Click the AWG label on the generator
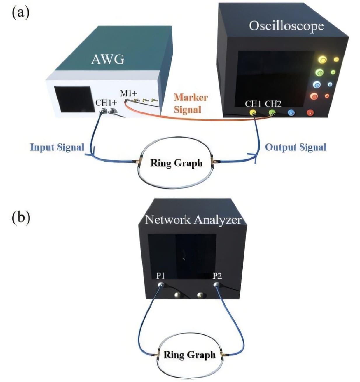(x=108, y=60)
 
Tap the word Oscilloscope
(x=286, y=26)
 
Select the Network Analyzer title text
(x=193, y=220)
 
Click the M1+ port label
(x=128, y=93)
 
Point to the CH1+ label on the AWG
(x=106, y=103)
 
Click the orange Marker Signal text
(x=191, y=103)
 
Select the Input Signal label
(x=57, y=147)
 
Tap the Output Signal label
(x=295, y=147)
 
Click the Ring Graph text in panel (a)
(x=176, y=163)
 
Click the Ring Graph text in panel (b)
(x=189, y=355)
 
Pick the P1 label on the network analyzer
(x=160, y=275)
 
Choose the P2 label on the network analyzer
(x=217, y=275)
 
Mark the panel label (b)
(x=21, y=218)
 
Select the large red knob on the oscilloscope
(x=314, y=96)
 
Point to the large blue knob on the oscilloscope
(x=317, y=85)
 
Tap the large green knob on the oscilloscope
(x=319, y=72)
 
